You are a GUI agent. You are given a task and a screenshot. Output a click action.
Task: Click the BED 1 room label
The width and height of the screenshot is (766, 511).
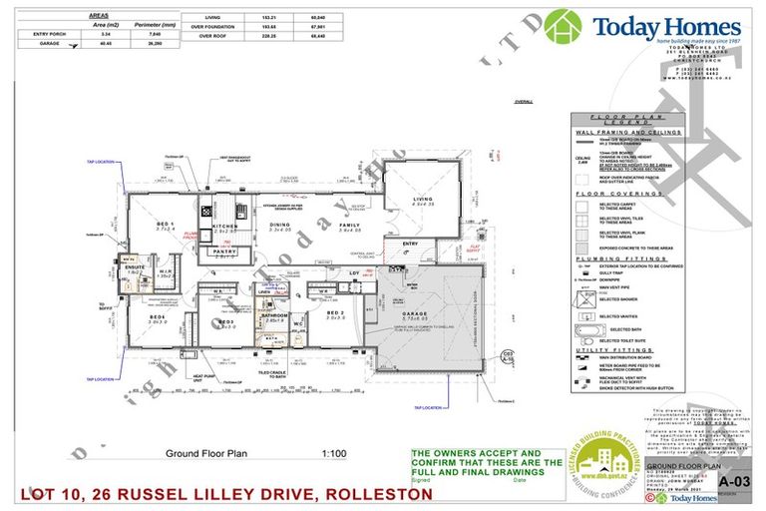[166, 225]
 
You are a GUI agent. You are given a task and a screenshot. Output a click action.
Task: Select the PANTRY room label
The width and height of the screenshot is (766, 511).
[225, 252]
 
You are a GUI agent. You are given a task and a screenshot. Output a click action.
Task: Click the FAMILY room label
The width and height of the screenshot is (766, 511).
[349, 226]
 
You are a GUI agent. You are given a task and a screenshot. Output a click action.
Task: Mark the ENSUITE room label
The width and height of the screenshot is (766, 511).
[135, 267]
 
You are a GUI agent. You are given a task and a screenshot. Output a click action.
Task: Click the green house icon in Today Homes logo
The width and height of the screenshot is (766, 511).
[564, 26]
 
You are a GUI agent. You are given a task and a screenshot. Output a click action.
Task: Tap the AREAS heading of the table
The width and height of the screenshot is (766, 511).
[99, 17]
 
